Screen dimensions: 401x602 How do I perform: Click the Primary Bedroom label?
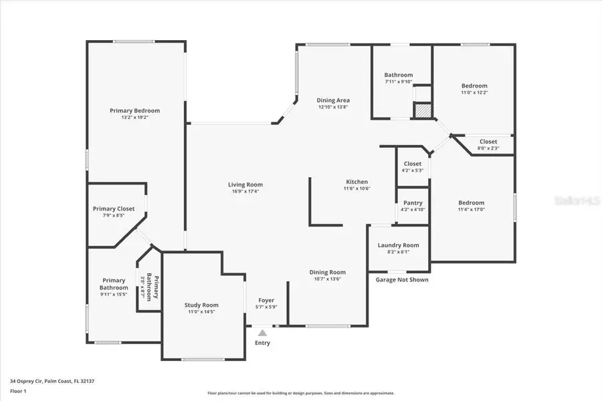click(135, 110)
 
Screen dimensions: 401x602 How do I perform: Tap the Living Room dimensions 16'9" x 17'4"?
click(245, 192)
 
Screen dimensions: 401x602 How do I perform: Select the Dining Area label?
click(333, 100)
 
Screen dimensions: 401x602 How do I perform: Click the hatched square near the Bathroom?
click(422, 112)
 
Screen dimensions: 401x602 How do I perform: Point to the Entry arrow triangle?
click(263, 331)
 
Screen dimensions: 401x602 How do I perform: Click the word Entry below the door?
click(263, 343)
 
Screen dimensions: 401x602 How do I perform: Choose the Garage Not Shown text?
click(402, 279)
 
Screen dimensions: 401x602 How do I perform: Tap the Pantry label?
click(413, 203)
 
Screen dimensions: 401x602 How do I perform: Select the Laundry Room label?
click(398, 245)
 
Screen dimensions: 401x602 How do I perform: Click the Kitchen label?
click(357, 182)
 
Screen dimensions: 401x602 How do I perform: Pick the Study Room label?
click(201, 305)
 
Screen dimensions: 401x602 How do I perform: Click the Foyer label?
click(266, 300)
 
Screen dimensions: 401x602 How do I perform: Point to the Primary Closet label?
click(114, 209)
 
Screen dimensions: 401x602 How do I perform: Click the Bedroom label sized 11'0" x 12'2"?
click(474, 86)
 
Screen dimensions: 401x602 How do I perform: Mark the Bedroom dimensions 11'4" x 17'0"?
click(471, 209)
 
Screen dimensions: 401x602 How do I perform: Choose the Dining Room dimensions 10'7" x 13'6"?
click(327, 279)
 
